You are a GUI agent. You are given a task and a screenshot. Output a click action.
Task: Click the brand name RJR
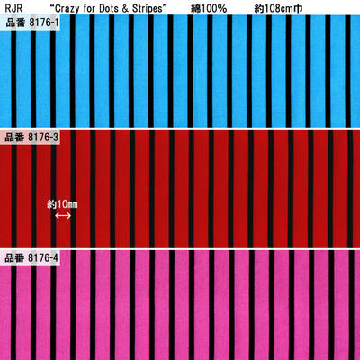(x=13, y=9)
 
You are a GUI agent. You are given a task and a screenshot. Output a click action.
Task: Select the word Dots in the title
(x=110, y=9)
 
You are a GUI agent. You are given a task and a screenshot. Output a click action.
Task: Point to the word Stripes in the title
(x=147, y=9)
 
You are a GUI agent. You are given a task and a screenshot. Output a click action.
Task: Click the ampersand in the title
(x=126, y=9)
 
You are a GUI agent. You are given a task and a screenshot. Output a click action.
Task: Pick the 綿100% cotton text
(x=209, y=9)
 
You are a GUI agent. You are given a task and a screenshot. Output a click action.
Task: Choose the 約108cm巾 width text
(x=278, y=9)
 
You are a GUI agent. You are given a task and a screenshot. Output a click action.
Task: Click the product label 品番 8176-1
(x=32, y=22)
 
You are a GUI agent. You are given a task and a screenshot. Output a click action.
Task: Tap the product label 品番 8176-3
(x=31, y=138)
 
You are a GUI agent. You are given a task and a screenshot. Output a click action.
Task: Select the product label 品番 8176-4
(x=31, y=257)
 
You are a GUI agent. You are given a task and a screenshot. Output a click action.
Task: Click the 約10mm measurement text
(x=62, y=204)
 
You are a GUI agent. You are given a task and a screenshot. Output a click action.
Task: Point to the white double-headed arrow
(x=63, y=216)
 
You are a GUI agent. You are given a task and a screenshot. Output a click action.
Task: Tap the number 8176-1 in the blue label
(x=44, y=22)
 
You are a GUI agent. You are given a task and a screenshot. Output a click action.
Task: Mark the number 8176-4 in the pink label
(x=43, y=257)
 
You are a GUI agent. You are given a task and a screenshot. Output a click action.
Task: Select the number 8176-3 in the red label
(x=43, y=138)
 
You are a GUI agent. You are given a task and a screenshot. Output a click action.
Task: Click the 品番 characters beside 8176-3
(x=14, y=138)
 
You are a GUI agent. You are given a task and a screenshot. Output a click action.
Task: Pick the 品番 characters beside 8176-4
(x=14, y=257)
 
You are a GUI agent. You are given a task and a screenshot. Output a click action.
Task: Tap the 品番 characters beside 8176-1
(x=15, y=22)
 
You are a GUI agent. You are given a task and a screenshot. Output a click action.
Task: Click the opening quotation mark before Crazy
(x=52, y=6)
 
